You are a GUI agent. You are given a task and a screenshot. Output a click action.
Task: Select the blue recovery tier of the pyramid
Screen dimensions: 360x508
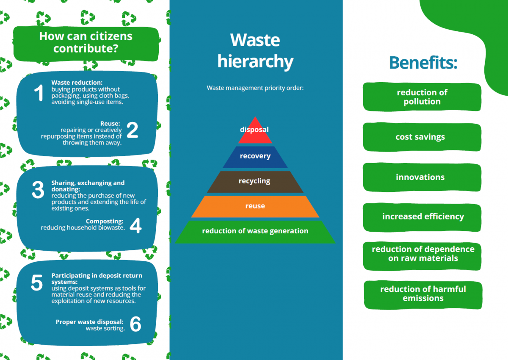pos(255,156)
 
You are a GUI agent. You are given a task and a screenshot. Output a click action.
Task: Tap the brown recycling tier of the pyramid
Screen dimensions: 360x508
pos(254,181)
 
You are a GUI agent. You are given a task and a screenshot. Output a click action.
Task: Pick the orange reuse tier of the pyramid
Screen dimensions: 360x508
pos(255,206)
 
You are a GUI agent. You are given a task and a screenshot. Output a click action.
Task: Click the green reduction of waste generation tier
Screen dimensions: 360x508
pos(255,231)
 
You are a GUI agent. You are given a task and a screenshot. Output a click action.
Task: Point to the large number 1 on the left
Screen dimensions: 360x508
pos(39,93)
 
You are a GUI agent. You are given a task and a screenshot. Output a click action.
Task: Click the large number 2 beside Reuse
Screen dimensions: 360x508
pos(132,131)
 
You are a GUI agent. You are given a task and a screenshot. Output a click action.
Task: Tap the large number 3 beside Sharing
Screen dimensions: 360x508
pos(38,191)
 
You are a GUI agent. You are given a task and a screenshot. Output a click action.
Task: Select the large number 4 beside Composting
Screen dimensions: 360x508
pos(135,226)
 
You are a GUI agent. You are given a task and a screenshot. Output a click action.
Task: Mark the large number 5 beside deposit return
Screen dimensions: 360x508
pos(37,283)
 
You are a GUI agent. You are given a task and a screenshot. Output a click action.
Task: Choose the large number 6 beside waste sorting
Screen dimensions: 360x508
pos(135,324)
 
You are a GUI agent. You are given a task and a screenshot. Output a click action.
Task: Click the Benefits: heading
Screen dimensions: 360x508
pos(423,63)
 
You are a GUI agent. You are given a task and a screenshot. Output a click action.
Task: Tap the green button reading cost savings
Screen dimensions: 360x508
pos(422,137)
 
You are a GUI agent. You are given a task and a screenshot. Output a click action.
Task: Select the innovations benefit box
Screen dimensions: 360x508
pos(422,177)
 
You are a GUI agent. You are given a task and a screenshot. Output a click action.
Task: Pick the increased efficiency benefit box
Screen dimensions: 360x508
pos(422,217)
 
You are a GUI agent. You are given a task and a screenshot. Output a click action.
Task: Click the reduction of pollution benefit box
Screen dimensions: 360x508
pos(422,97)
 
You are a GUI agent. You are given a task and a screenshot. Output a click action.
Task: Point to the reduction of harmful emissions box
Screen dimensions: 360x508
pos(423,294)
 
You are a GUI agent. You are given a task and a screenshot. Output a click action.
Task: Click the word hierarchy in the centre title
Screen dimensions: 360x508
pos(255,61)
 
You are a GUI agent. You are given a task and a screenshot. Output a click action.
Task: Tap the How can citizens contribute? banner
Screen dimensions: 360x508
pos(86,42)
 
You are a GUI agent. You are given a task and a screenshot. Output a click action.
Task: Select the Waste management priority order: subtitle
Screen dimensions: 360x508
pos(255,88)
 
